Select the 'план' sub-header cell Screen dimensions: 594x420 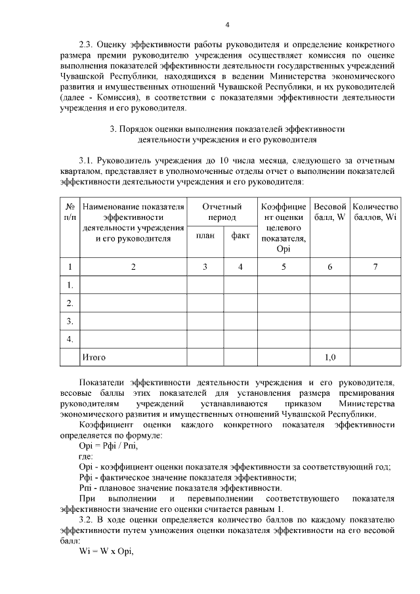pos(205,236)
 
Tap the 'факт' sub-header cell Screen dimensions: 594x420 pos(240,236)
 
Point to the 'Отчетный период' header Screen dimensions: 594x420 pos(222,212)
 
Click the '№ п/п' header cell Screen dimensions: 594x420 pos(70,212)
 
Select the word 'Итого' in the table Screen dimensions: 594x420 pos(93,358)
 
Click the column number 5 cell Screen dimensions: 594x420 pos(283,266)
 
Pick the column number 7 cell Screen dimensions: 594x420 pos(375,266)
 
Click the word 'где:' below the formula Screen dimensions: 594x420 pos(86,456)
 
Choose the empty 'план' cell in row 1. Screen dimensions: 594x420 pos(205,285)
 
